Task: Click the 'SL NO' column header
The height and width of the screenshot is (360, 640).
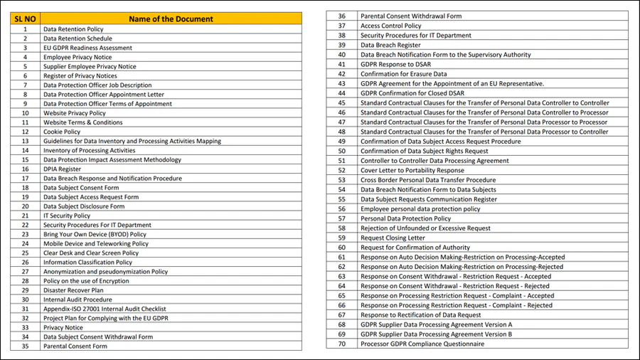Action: tap(25, 18)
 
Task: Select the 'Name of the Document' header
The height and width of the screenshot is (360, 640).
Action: tap(170, 18)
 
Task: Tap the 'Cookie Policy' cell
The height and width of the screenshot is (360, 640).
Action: tap(62, 132)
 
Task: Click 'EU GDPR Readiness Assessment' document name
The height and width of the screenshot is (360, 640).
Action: tap(87, 48)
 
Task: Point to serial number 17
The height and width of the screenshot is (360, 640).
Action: tap(25, 179)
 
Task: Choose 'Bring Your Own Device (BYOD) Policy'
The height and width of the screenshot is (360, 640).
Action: tap(95, 234)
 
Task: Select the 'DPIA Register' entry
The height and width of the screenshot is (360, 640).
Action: tap(63, 169)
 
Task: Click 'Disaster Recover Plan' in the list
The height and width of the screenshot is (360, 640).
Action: tap(73, 290)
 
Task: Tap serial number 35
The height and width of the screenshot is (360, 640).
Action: tap(25, 346)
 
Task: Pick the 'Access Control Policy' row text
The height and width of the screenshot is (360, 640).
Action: tap(390, 26)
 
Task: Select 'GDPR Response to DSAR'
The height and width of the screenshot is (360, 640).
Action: tap(395, 63)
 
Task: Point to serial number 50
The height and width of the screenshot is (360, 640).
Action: tap(342, 151)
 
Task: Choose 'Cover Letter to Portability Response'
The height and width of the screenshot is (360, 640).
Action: tap(412, 170)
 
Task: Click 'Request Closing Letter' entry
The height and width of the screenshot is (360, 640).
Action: tap(393, 238)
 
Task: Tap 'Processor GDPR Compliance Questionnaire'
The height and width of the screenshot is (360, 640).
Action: tap(422, 344)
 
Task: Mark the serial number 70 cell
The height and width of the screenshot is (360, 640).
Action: tap(342, 344)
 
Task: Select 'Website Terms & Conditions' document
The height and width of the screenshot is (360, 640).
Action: tap(82, 122)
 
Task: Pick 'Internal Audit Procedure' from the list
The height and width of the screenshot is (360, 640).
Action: tap(78, 300)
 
